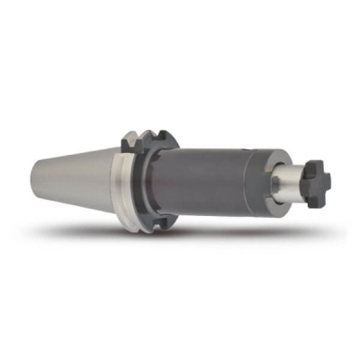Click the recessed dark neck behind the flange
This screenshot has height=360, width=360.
pyautogui.click(x=163, y=184)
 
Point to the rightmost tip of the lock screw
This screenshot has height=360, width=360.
pyautogui.click(x=329, y=182)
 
